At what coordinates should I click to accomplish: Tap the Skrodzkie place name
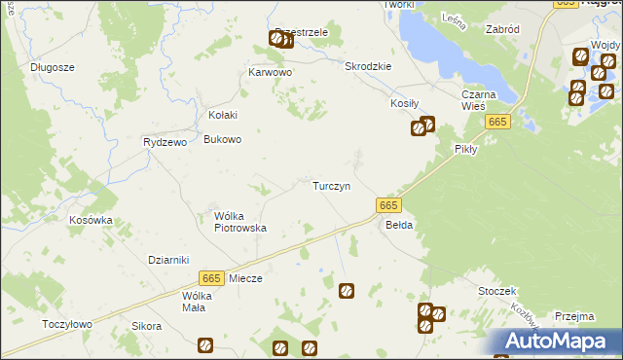point(368,66)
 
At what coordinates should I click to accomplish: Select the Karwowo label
point(271,72)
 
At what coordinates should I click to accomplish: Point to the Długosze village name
point(53,67)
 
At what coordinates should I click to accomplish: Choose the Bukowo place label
point(222,139)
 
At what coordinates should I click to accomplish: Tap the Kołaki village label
point(216,114)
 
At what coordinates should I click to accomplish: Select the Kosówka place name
point(91,220)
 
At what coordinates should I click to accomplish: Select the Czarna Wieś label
point(479,100)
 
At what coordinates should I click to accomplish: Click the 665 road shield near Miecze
point(211,277)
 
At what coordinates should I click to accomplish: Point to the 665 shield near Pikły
point(497,122)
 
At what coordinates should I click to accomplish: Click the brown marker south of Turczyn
point(346,290)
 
